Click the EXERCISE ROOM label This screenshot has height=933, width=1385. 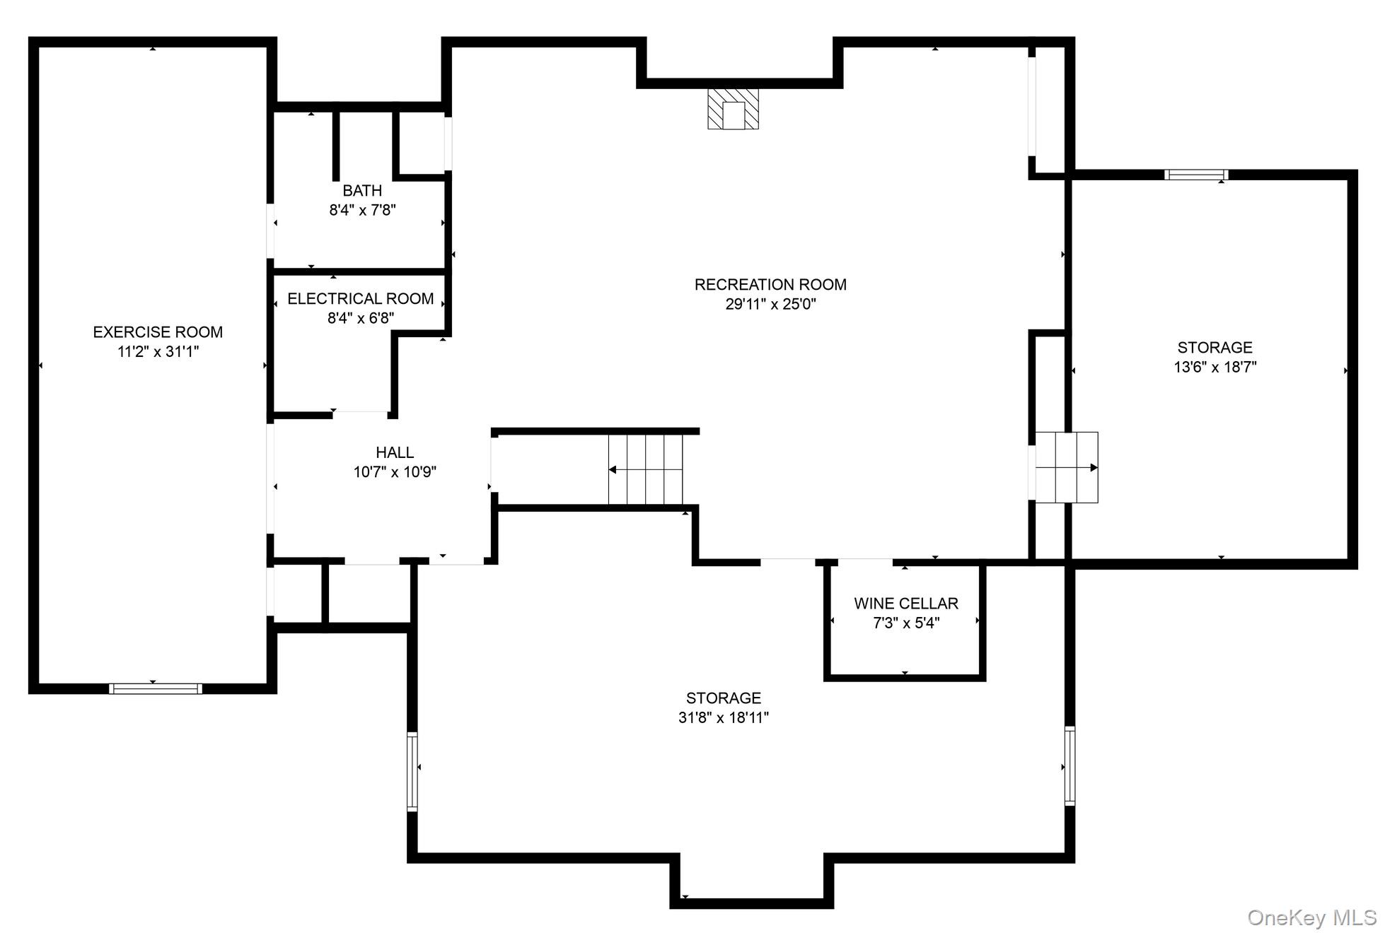click(158, 331)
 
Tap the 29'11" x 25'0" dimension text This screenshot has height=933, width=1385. click(770, 305)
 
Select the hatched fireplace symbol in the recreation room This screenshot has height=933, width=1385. click(733, 109)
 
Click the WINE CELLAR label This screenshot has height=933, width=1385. click(905, 603)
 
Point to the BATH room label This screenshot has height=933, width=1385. click(362, 191)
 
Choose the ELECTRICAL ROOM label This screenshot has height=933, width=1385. click(360, 298)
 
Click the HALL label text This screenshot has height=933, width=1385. click(395, 452)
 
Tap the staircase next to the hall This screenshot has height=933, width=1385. click(645, 469)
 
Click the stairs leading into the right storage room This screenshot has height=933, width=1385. click(1066, 467)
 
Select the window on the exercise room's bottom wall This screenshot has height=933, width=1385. click(156, 688)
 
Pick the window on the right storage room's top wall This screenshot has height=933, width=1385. click(1196, 175)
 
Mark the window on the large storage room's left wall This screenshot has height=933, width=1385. click(412, 770)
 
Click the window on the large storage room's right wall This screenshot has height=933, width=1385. click(1070, 765)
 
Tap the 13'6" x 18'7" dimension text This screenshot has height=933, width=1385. click(1215, 367)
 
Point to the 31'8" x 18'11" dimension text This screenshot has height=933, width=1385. click(723, 717)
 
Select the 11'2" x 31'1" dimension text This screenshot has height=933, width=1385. click(158, 351)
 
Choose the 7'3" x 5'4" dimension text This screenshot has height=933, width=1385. click(905, 623)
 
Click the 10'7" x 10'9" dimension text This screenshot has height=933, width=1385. click(395, 472)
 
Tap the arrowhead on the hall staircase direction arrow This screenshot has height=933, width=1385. click(613, 469)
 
